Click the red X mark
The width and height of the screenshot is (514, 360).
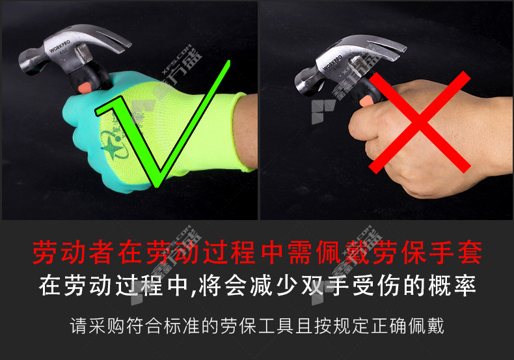(420, 122)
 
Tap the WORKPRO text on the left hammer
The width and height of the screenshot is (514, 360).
(59, 46)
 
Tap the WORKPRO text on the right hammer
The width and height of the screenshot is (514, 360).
(332, 62)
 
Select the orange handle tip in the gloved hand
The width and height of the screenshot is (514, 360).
(85, 87)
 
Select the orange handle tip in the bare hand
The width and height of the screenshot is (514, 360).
(365, 102)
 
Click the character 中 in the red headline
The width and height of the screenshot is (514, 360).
(273, 253)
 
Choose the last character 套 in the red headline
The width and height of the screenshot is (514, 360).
(470, 253)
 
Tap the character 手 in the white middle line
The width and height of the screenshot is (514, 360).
(338, 286)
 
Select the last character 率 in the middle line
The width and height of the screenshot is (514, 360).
(465, 286)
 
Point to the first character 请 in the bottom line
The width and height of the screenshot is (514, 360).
(79, 325)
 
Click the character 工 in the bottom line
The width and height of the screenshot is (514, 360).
(267, 325)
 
